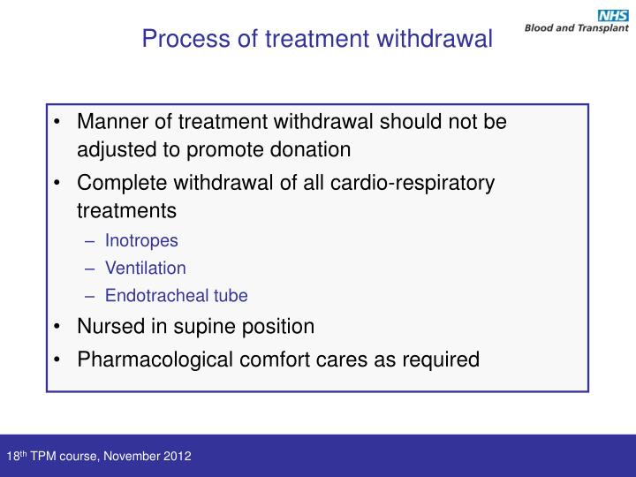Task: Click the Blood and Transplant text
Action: pos(576,28)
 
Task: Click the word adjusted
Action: pos(112,148)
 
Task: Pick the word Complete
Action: pos(118,184)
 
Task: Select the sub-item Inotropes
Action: pos(141,240)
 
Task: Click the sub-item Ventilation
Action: pos(146,268)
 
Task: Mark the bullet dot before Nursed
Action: pos(57,327)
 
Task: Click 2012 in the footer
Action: pos(177,457)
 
